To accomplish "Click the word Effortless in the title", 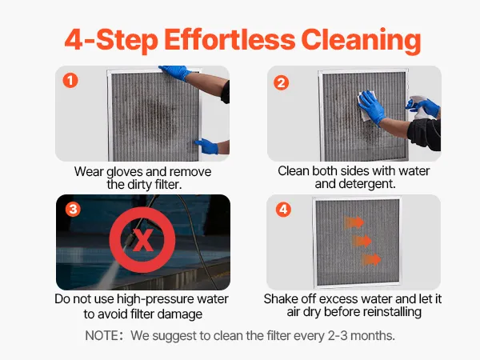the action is click(x=230, y=39).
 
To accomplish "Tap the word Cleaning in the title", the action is click(x=362, y=41).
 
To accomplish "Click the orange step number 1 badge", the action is click(x=70, y=80).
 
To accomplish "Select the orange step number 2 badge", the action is click(x=282, y=82).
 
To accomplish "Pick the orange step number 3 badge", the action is click(x=73, y=210).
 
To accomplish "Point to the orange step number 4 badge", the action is click(x=283, y=210).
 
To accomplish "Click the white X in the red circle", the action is click(x=142, y=240).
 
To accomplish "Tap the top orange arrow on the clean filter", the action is click(x=354, y=222).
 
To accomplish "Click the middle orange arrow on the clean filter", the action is click(x=362, y=241).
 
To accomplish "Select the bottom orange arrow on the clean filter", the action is click(x=371, y=259).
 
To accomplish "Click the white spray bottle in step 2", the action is click(x=420, y=108).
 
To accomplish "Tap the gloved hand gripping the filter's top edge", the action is click(x=174, y=73).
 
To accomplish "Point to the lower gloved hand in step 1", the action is click(x=207, y=146).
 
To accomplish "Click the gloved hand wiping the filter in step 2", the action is click(x=372, y=107).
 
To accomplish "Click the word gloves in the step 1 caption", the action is click(x=125, y=172).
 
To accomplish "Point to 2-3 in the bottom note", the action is click(x=338, y=336).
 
